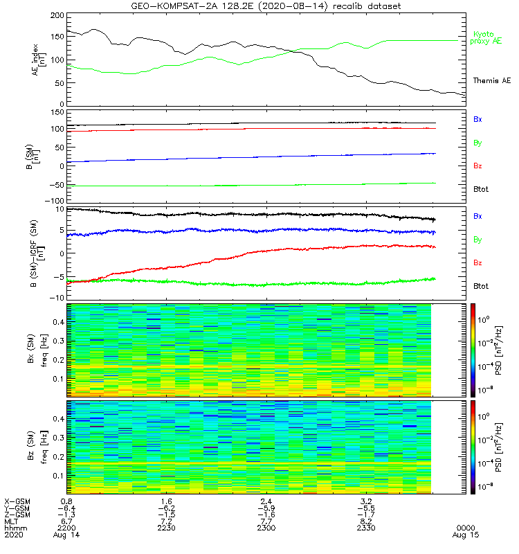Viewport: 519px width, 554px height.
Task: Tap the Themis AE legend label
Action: pos(491,81)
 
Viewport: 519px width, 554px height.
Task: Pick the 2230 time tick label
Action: pos(166,528)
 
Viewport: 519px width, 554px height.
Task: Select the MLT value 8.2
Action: pos(366,521)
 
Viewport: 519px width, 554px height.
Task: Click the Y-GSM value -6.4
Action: pos(66,508)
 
